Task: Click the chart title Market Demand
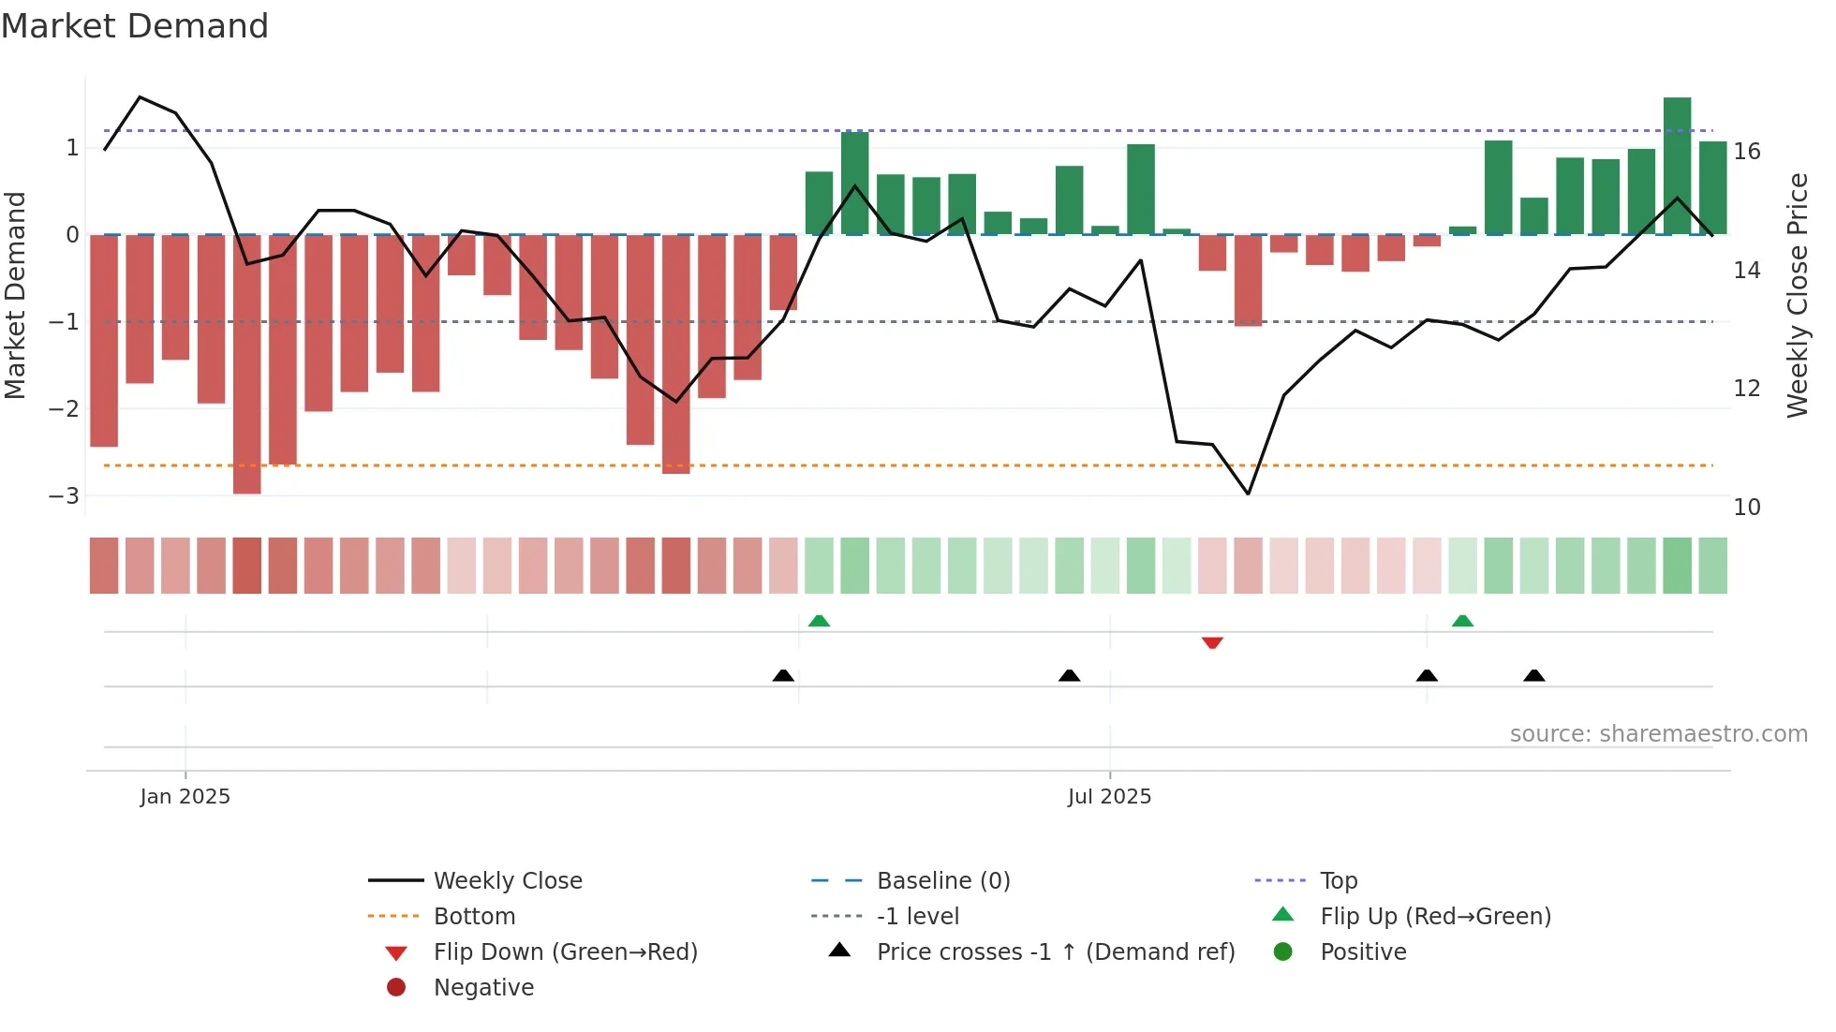[135, 26]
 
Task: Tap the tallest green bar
[1677, 166]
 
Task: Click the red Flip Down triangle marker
[1212, 642]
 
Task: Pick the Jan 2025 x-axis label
[185, 796]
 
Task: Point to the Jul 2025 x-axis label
[1109, 796]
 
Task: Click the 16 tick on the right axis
[1747, 152]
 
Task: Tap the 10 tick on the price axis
[1747, 508]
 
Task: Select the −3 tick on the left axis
[65, 495]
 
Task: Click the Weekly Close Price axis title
[1797, 295]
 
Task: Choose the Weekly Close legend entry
[508, 880]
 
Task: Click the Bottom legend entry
[474, 916]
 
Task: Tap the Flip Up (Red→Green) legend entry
[1435, 916]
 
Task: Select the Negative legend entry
[483, 987]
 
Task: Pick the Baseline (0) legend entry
[943, 880]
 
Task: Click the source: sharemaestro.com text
[1658, 733]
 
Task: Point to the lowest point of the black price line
[1248, 494]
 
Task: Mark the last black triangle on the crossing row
[1533, 675]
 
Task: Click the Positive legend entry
[1363, 951]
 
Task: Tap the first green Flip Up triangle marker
[819, 621]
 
